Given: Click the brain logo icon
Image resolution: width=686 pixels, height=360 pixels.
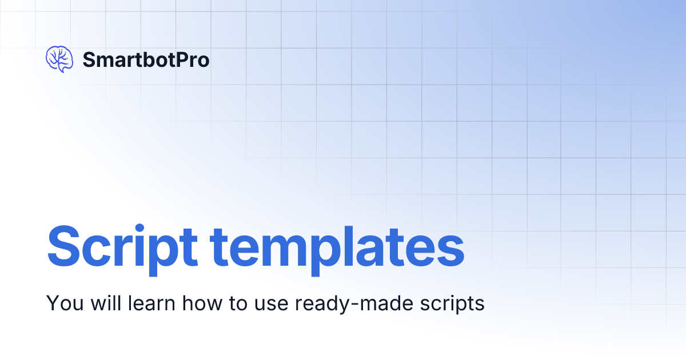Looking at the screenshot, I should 59,59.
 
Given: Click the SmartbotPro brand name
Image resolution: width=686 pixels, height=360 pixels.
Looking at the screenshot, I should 146,59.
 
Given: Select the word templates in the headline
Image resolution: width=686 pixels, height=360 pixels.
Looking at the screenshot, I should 337,247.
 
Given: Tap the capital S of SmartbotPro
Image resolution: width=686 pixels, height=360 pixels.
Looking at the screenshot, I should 89,59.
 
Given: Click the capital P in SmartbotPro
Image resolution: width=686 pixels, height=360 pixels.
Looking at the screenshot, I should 184,59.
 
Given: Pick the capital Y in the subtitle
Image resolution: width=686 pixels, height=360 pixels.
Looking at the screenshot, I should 52,303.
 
